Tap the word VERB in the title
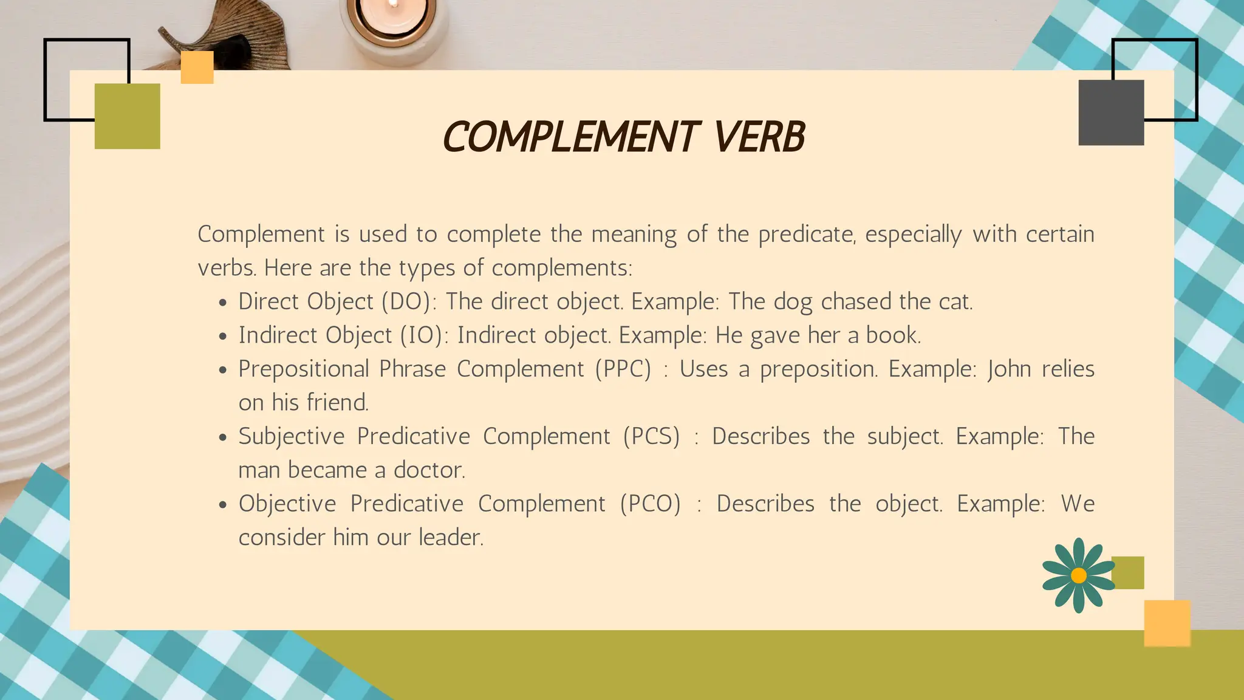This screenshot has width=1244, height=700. [759, 137]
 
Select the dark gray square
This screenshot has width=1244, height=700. [1111, 113]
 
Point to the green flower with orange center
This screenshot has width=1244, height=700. [1079, 575]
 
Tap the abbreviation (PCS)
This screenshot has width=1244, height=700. [651, 436]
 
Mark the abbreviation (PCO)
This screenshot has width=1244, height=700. [651, 504]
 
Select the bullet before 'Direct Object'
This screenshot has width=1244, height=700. [224, 303]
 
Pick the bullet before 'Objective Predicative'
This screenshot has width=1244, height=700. [224, 505]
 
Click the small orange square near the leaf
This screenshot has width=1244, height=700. [197, 67]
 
